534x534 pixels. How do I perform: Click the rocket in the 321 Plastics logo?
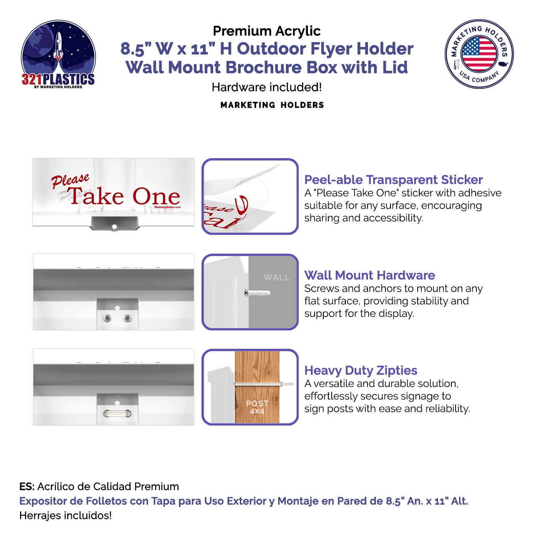pyautogui.click(x=59, y=46)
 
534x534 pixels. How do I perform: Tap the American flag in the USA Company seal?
pyautogui.click(x=479, y=53)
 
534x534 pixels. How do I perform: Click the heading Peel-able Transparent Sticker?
pyautogui.click(x=393, y=180)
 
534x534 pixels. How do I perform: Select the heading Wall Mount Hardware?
pyautogui.click(x=369, y=275)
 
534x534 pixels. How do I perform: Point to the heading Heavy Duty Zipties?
pyautogui.click(x=360, y=370)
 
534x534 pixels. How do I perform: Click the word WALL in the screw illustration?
pyautogui.click(x=276, y=277)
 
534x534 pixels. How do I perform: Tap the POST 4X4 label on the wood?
pyautogui.click(x=257, y=407)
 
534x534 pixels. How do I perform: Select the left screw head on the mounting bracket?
pyautogui.click(x=107, y=319)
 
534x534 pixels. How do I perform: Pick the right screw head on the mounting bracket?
pyautogui.click(x=127, y=319)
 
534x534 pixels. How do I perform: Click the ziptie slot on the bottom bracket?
pyautogui.click(x=117, y=413)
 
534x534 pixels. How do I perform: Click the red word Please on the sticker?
pyautogui.click(x=70, y=181)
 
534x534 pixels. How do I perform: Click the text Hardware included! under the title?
pyautogui.click(x=267, y=87)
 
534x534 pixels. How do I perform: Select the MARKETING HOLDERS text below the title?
pyautogui.click(x=272, y=105)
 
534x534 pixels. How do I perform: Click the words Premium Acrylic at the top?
pyautogui.click(x=267, y=31)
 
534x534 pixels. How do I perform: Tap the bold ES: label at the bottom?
pyautogui.click(x=27, y=486)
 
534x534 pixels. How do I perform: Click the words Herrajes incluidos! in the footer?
pyautogui.click(x=65, y=516)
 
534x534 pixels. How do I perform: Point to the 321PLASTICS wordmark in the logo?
pyautogui.click(x=58, y=79)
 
